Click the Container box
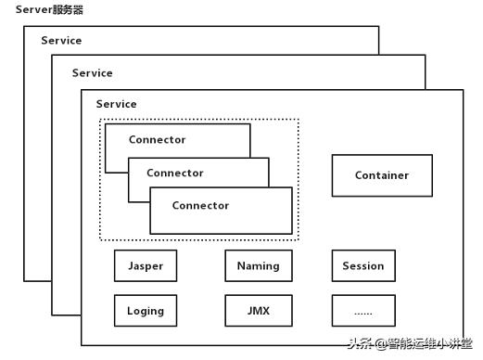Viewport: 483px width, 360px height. (x=382, y=175)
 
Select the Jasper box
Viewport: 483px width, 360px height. (x=145, y=266)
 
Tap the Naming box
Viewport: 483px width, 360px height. (x=258, y=266)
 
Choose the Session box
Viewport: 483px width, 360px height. (x=362, y=266)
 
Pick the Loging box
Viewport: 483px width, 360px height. (x=145, y=311)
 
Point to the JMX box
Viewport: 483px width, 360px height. (x=258, y=311)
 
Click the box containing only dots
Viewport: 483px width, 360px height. (x=362, y=311)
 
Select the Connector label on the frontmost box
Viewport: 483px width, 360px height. (x=200, y=205)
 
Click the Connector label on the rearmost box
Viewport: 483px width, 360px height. (x=157, y=140)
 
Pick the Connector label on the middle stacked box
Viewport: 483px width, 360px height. (x=174, y=173)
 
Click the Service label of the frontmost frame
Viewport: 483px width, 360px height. (x=116, y=104)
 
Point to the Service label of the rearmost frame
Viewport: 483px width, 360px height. (x=61, y=41)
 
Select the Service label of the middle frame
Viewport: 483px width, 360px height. (x=92, y=72)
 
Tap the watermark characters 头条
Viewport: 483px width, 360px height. (x=361, y=342)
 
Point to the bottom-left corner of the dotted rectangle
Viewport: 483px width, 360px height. (x=100, y=240)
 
